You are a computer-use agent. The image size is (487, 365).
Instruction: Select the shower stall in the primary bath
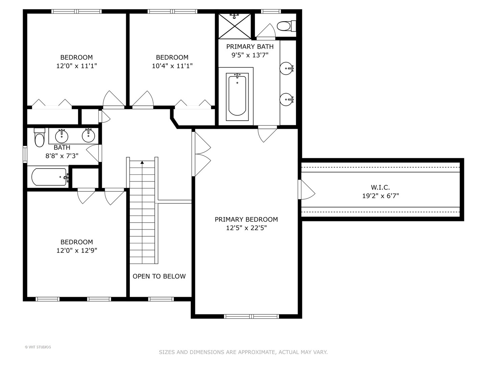pos(235,26)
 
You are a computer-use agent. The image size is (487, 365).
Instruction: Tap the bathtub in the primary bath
pos(237,96)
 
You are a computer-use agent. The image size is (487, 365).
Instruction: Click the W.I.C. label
pos(380,187)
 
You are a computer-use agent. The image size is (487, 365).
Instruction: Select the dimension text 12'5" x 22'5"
pos(246,228)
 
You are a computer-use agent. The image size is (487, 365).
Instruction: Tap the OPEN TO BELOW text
pos(159,276)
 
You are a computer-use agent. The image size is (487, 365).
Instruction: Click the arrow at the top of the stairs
pos(142,163)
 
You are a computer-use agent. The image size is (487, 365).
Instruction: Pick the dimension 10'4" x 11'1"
pos(172,66)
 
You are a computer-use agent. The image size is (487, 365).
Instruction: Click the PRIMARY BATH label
pos(250,47)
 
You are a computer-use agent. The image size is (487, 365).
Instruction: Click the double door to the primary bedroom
pos(201,154)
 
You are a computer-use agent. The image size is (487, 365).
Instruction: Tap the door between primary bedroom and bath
pos(267,134)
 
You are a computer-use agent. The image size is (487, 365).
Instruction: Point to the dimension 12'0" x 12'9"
pos(77,250)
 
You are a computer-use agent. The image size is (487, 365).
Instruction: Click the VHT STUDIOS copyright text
pos(38,347)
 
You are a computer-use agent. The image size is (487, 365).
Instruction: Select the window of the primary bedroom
pos(251,316)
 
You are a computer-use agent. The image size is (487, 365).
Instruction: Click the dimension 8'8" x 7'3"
pos(62,156)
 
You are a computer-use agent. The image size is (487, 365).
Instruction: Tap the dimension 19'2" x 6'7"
pos(380,196)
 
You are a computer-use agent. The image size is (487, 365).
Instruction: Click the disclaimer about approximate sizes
pos(243,352)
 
